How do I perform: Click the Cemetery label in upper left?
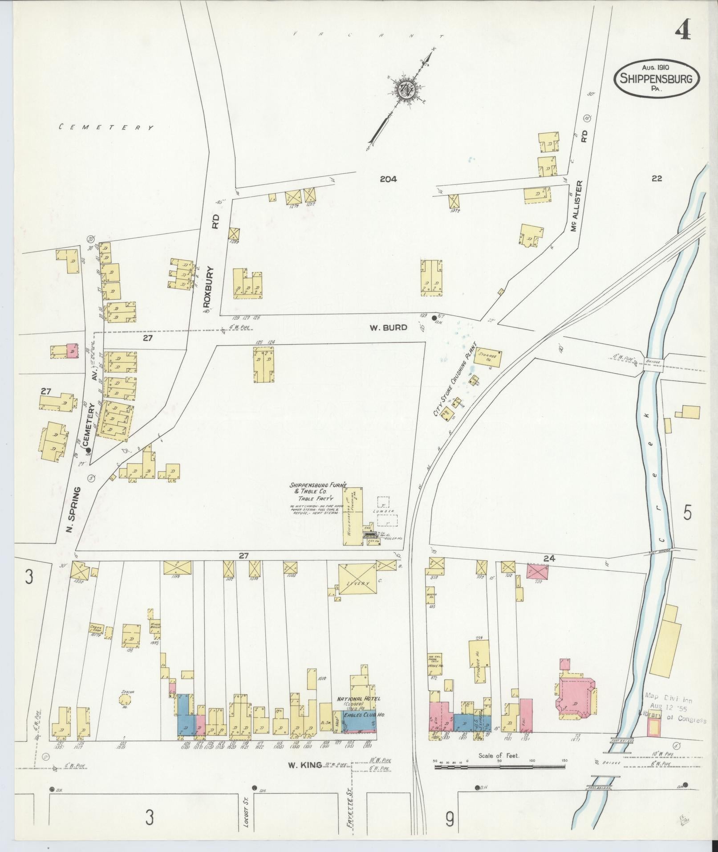pyautogui.click(x=107, y=127)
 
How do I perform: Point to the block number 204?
pyautogui.click(x=388, y=179)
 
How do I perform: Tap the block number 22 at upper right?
pyautogui.click(x=657, y=179)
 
